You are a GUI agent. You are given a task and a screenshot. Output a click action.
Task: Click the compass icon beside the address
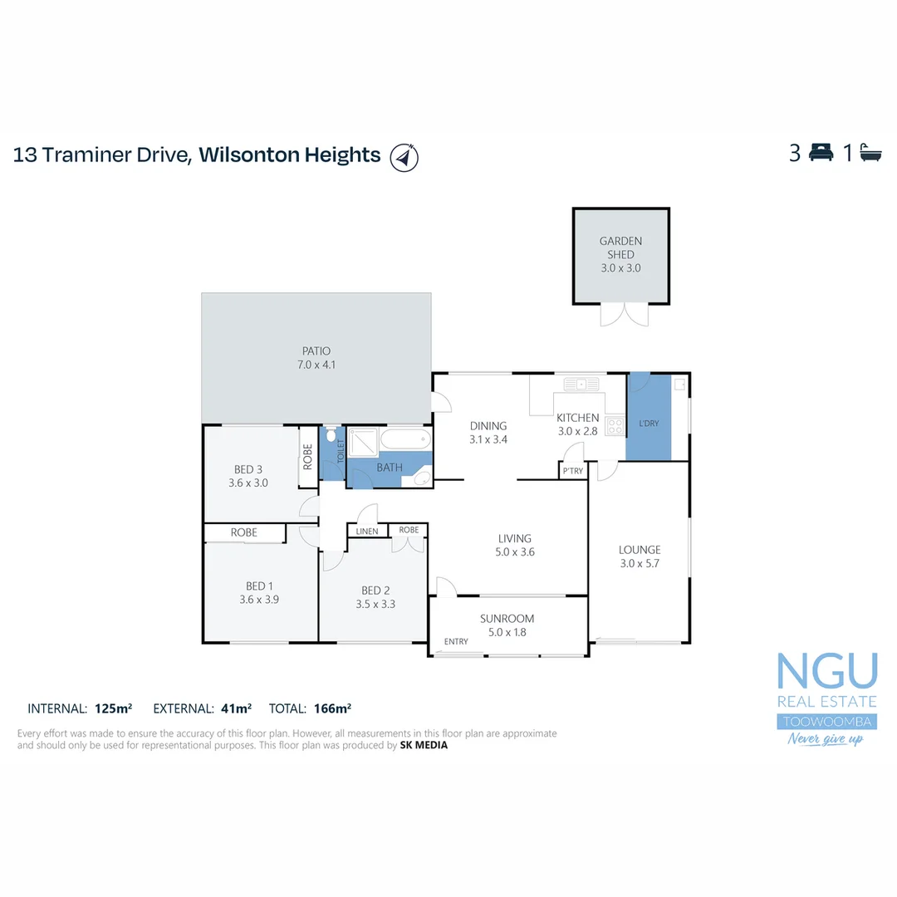tap(404, 156)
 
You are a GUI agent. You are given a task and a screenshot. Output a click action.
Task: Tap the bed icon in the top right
tap(821, 153)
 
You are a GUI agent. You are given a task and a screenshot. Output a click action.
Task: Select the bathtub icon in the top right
tap(870, 153)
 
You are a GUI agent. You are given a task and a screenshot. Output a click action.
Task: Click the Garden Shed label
tap(620, 248)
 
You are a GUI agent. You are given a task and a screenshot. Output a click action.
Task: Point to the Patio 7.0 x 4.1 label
tap(316, 358)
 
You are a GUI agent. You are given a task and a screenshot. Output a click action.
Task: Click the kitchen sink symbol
tap(581, 384)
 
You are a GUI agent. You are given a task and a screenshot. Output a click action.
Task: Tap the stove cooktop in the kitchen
tap(615, 426)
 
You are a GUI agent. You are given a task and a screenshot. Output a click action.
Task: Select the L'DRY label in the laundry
tap(649, 424)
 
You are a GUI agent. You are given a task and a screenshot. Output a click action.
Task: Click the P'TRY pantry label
tap(573, 471)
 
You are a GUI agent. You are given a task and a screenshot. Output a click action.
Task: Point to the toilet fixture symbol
tap(331, 437)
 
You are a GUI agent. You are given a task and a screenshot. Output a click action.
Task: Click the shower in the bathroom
tap(362, 443)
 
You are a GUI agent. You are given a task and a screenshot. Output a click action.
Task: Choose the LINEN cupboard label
tap(366, 531)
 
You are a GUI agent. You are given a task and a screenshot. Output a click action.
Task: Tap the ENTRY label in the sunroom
tap(456, 641)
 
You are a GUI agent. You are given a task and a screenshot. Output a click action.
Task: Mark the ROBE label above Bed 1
tap(244, 532)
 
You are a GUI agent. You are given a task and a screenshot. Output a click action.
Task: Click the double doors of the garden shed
tap(621, 315)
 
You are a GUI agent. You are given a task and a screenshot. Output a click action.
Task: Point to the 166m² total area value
tap(332, 708)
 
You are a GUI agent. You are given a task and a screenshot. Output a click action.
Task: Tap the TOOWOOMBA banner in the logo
tap(826, 721)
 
